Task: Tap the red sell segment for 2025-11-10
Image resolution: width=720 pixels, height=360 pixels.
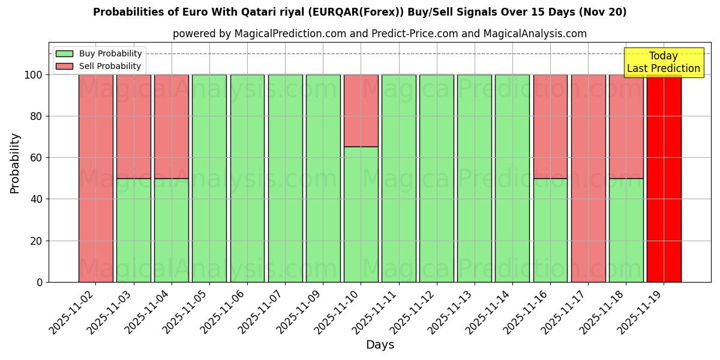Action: pyautogui.click(x=361, y=110)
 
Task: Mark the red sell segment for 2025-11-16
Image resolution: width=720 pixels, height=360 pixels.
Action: pyautogui.click(x=550, y=126)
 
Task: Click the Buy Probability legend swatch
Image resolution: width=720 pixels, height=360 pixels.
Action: pyautogui.click(x=64, y=53)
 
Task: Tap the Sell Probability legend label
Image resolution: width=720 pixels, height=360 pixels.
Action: pyautogui.click(x=110, y=66)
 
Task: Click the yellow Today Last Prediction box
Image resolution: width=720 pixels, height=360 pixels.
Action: pyautogui.click(x=664, y=62)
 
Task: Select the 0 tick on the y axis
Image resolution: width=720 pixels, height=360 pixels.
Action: pyautogui.click(x=40, y=282)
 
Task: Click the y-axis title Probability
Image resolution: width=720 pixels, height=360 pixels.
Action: pyautogui.click(x=15, y=163)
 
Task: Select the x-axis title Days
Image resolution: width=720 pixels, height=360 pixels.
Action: pyautogui.click(x=380, y=345)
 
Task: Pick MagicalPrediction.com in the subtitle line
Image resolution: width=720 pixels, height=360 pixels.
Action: pyautogui.click(x=290, y=34)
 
